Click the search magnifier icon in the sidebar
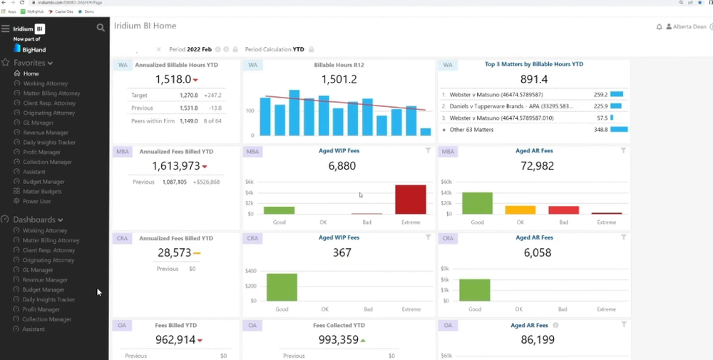point(101,28)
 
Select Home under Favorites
point(31,73)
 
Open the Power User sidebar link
point(37,201)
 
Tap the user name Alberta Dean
point(689,26)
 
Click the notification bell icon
point(660,26)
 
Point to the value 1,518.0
point(173,79)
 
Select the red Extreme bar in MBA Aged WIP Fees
point(411,200)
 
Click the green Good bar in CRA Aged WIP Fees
point(282,287)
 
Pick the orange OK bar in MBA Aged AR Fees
point(520,210)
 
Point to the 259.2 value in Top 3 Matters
point(600,94)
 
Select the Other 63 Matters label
point(474,130)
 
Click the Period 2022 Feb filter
point(190,50)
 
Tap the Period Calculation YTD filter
point(275,50)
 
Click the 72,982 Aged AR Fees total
point(538,166)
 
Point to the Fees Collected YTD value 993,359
point(339,340)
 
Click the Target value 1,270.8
point(189,95)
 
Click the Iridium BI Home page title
point(145,26)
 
